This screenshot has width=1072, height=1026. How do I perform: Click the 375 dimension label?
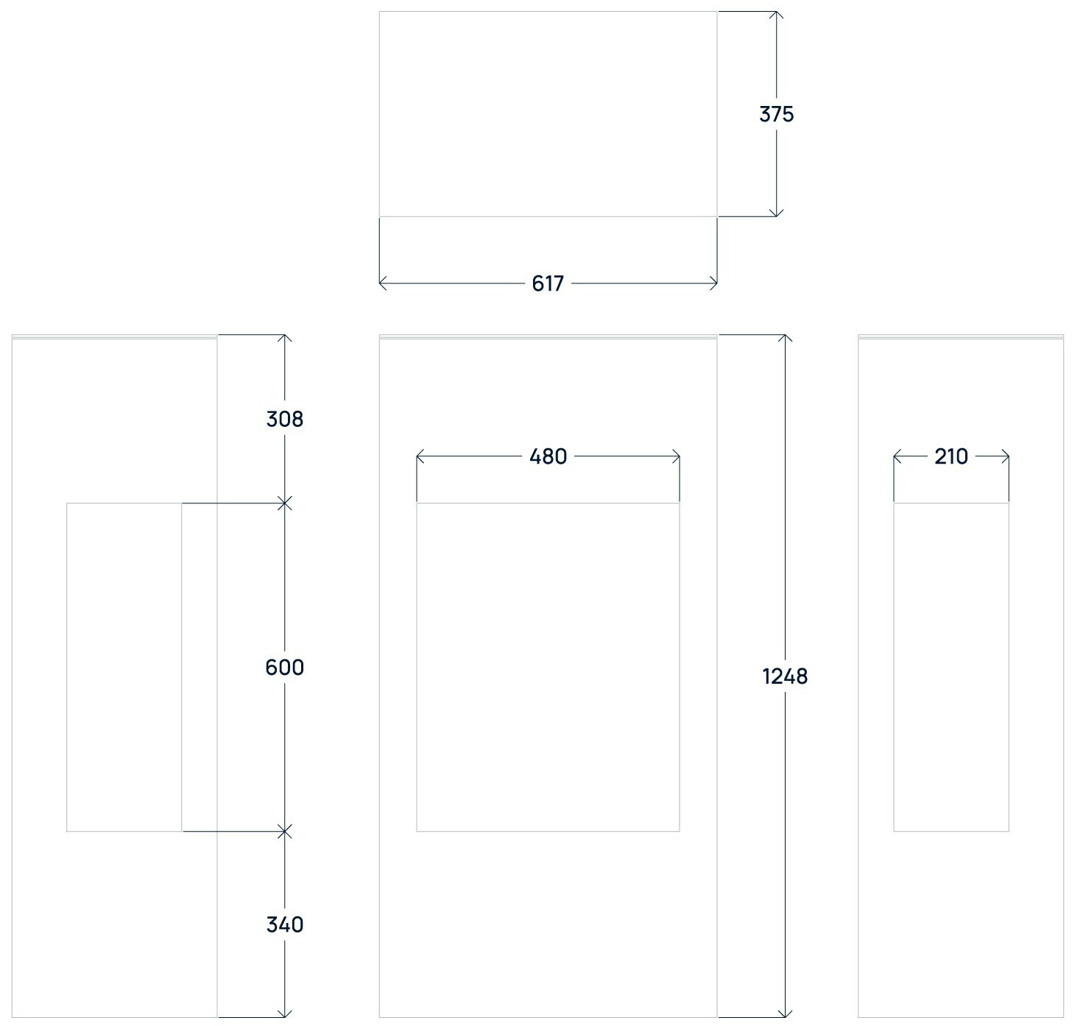776,114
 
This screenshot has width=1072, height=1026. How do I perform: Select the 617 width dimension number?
548,283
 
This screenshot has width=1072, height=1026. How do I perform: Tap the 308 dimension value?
284,419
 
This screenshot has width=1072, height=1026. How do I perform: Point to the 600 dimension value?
284,667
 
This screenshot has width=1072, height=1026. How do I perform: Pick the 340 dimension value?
284,924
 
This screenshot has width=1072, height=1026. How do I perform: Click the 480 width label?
549,457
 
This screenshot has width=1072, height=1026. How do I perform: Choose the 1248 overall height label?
785,676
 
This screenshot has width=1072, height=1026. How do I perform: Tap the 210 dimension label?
951,457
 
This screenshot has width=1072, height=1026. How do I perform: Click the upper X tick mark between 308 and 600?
285,503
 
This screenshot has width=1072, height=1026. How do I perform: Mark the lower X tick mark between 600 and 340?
285,832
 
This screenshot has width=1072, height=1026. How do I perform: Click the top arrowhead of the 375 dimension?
776,14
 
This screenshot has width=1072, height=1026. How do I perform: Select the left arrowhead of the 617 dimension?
382,283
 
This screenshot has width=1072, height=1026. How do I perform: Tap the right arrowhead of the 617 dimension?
714,283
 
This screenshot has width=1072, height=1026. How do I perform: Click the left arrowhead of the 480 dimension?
420,457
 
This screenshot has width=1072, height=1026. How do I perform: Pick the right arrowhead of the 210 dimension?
1006,457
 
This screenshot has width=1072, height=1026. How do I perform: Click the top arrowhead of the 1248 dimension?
786,338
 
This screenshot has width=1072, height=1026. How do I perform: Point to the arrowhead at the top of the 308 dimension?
285,338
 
